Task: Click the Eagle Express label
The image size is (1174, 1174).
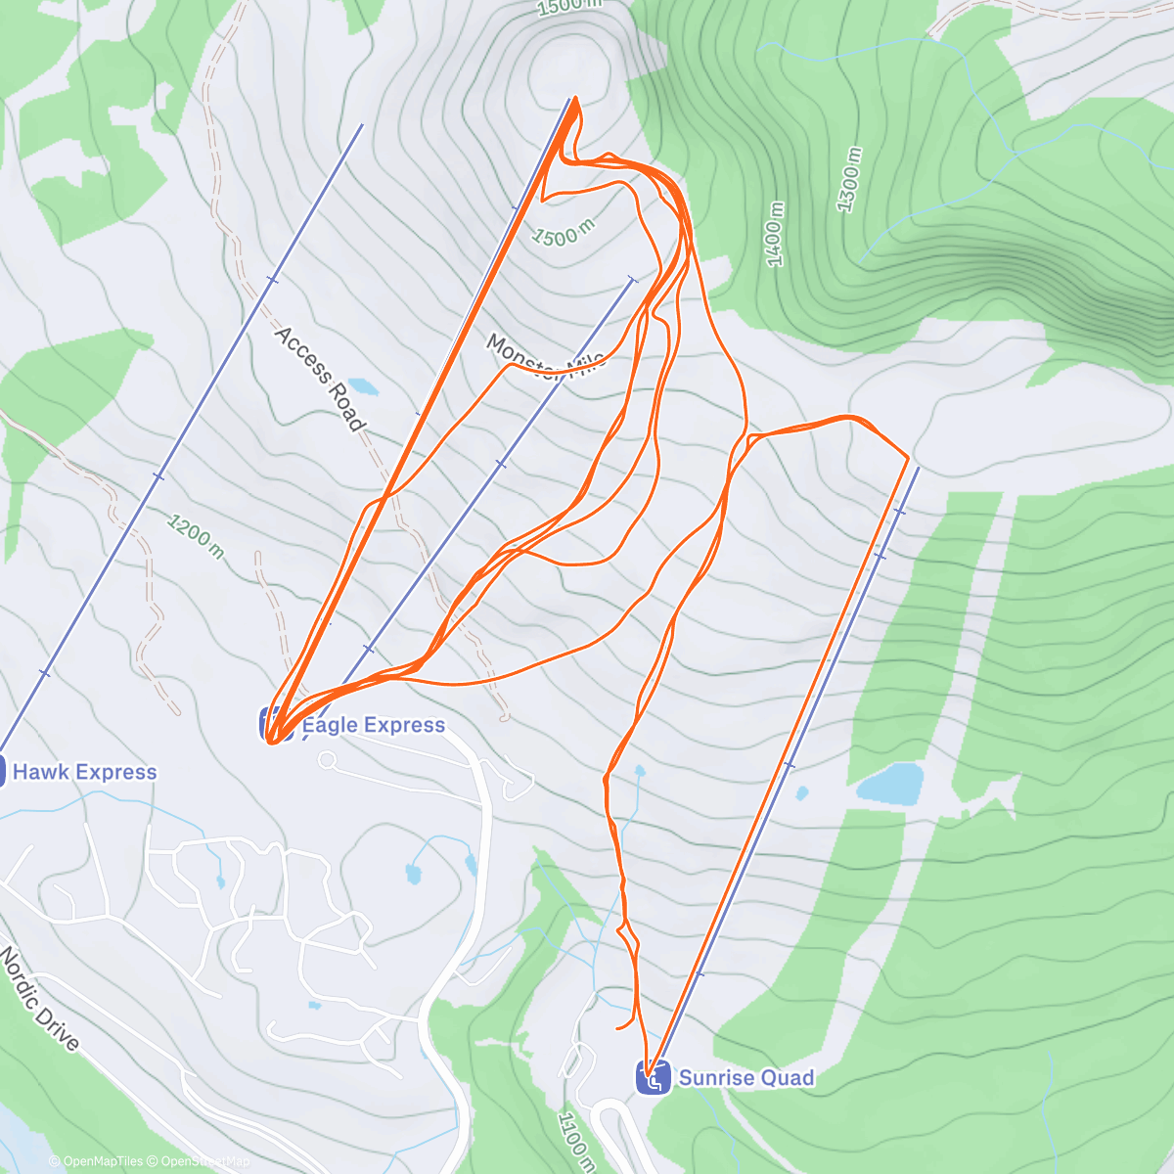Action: coord(373,725)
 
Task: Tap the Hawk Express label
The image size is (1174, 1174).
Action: coord(84,772)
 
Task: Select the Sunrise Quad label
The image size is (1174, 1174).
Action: coord(745,1078)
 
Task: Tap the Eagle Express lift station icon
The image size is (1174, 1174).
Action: coord(275,724)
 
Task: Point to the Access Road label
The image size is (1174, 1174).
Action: coord(319,379)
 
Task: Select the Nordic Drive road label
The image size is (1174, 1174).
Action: coord(39,998)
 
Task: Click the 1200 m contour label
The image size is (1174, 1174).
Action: coord(195,537)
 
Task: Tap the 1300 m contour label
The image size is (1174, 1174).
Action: coord(849,179)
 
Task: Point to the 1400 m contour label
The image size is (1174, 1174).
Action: coord(775,234)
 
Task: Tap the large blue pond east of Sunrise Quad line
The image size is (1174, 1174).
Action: coord(890,784)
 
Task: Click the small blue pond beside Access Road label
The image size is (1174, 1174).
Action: coord(361,386)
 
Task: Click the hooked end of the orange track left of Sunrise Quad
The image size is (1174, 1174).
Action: coord(617,1028)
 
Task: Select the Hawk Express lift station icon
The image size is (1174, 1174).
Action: coord(3,771)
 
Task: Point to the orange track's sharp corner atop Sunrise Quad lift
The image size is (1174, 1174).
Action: coord(909,457)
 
